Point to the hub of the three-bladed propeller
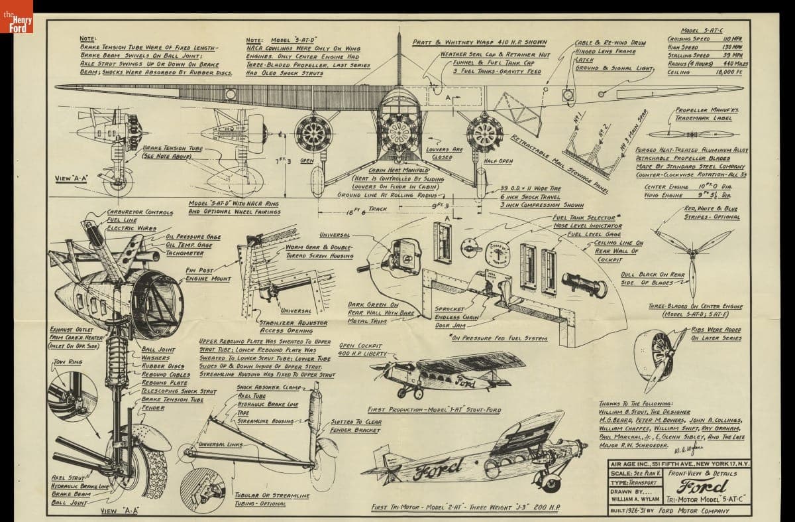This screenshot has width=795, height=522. pyautogui.click(x=691, y=253)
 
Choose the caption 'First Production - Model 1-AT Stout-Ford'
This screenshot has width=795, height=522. pyautogui.click(x=434, y=410)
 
